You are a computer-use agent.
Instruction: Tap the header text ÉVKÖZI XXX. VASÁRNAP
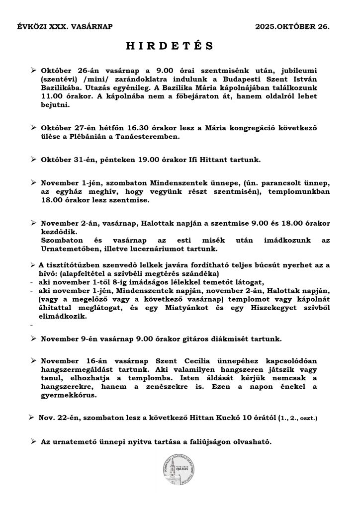tap(65, 24)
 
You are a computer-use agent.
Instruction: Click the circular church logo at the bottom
tap(180, 473)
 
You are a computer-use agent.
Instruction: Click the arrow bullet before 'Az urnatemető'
tap(33, 441)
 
